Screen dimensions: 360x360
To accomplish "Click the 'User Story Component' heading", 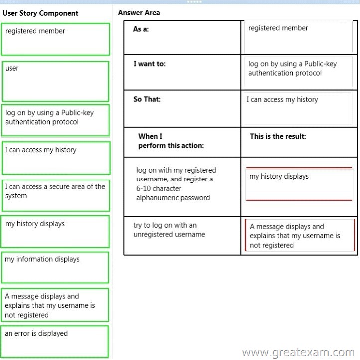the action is coord(40,13).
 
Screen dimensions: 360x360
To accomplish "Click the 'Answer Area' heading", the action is coord(139,13).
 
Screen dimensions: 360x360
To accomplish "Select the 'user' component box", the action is coord(55,81).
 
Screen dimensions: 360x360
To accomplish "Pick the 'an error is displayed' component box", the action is coord(55,341).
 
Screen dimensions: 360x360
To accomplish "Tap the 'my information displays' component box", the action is coord(55,267).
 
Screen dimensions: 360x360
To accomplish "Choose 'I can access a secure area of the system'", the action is coord(56,195).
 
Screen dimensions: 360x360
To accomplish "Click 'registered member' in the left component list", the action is coord(55,39).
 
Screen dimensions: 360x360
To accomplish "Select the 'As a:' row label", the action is coord(141,29).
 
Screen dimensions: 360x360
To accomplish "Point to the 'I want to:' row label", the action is coord(150,64).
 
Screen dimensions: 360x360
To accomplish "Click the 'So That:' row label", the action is coord(147,99).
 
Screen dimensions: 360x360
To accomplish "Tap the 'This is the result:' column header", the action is coord(278,136).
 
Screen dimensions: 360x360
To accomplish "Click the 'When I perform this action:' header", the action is coord(171,141).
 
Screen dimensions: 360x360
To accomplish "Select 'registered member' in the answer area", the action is coord(298,37).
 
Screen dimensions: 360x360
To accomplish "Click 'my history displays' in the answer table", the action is coord(299,184).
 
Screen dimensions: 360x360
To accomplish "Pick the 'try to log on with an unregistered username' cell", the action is coord(169,230).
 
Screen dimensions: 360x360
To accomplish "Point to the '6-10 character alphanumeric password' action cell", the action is coord(176,183).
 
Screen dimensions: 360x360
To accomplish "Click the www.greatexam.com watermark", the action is coord(298,352).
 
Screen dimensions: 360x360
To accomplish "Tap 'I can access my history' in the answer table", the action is coord(298,108).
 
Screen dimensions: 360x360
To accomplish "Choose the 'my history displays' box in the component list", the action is coord(55,232).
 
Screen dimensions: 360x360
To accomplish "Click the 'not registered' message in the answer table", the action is coord(300,235).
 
